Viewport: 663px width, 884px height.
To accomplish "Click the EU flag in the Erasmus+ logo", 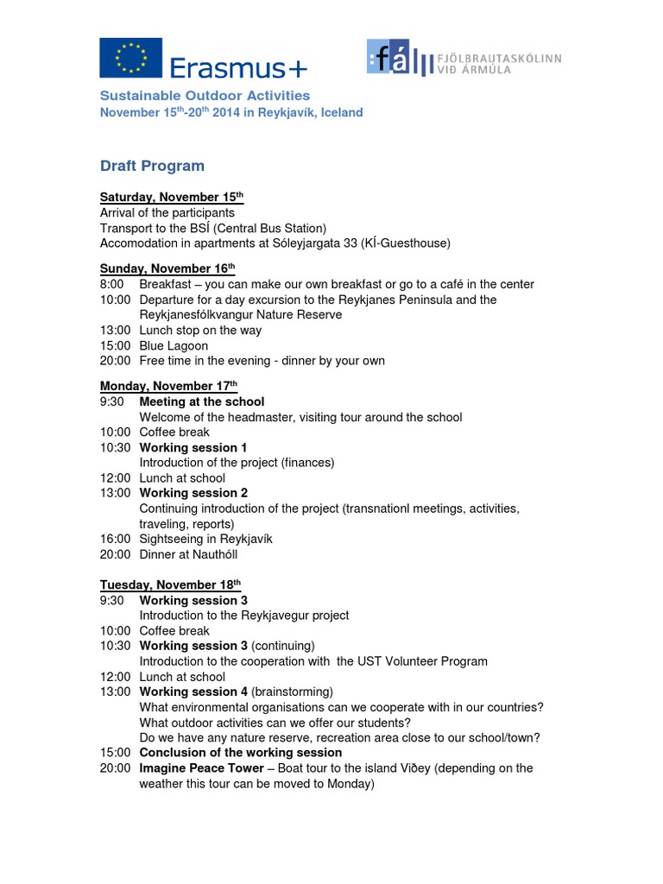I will [130, 59].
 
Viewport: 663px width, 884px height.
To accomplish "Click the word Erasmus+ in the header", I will [237, 66].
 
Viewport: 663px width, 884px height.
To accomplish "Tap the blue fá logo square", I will [388, 58].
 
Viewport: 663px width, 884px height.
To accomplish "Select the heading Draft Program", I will [152, 166].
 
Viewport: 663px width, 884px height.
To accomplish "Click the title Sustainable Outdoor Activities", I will [205, 96].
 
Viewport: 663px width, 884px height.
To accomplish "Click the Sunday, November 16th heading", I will [167, 268].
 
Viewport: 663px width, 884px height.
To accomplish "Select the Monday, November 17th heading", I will [168, 386].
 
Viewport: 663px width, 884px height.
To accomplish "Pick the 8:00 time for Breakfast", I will [112, 284].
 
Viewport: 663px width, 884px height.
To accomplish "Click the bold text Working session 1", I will [193, 447].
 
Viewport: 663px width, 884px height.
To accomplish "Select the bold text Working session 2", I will [193, 493].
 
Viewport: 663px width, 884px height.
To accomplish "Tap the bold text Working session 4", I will [193, 691].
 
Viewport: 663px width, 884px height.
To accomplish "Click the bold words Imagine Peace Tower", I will [202, 767].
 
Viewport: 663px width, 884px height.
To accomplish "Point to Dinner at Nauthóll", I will [188, 554].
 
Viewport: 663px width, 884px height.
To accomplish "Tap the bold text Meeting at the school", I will [202, 401].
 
